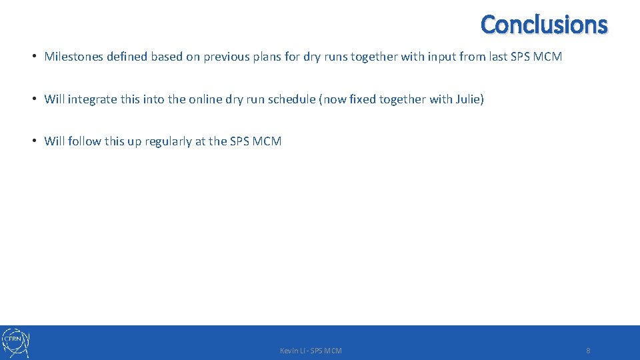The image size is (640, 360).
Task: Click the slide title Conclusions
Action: pyautogui.click(x=544, y=25)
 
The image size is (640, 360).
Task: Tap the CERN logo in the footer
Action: pyautogui.click(x=15, y=342)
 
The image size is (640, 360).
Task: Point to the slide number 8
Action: pyautogui.click(x=588, y=351)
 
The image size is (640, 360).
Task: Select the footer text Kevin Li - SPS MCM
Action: pyautogui.click(x=311, y=351)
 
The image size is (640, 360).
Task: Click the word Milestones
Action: pyautogui.click(x=73, y=57)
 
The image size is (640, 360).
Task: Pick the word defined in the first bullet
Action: pyautogui.click(x=127, y=57)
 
